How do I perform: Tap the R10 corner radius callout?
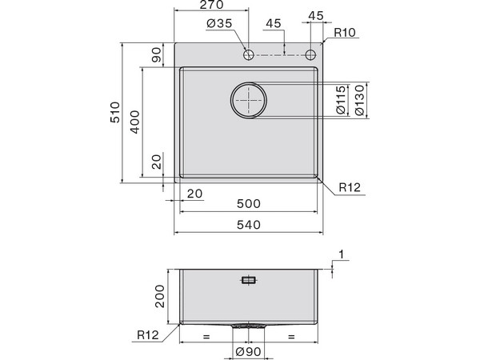tap(346, 33)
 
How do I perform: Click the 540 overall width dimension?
tap(249, 226)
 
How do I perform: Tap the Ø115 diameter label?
tap(341, 101)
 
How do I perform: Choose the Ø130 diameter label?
tap(359, 101)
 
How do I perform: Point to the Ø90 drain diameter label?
tap(249, 350)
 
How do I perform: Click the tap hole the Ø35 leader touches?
tap(249, 54)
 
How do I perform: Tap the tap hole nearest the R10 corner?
tap(310, 54)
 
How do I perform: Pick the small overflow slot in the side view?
tap(249, 280)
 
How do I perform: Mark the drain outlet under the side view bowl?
tap(249, 326)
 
